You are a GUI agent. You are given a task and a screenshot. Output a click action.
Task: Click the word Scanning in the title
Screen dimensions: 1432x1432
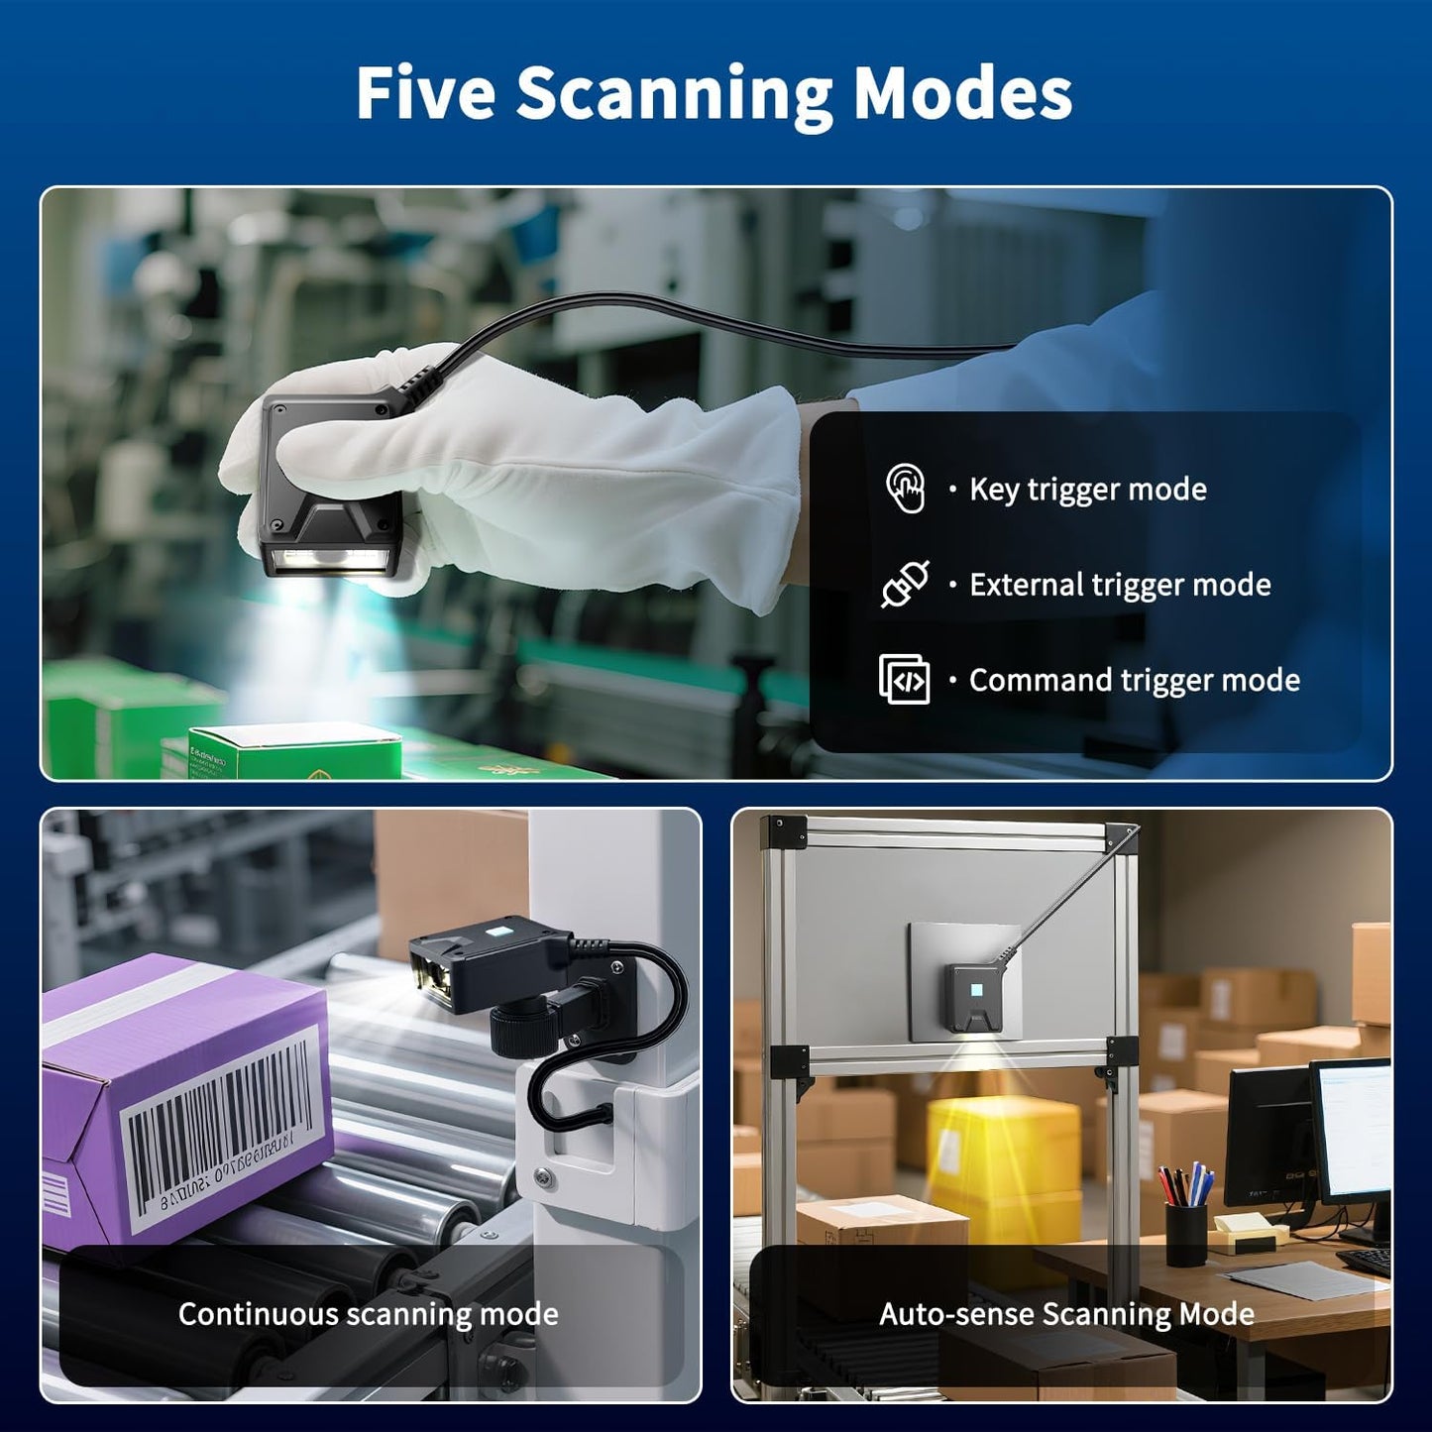point(674,94)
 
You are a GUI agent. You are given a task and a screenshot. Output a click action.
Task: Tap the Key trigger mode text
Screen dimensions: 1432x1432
point(1087,490)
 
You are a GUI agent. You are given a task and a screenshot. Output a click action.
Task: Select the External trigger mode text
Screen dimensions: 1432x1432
point(1120,585)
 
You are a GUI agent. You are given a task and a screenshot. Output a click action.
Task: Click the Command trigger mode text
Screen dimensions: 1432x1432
point(1134,681)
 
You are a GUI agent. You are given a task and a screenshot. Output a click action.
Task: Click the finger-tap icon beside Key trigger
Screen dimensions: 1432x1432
point(905,488)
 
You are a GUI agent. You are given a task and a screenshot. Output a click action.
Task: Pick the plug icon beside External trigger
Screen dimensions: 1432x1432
point(905,584)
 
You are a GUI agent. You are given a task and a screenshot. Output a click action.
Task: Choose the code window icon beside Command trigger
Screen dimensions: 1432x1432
point(904,680)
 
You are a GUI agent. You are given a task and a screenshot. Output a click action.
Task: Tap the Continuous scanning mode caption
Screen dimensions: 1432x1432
point(368,1314)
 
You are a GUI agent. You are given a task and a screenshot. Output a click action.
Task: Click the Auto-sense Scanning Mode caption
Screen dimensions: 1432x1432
point(1066,1314)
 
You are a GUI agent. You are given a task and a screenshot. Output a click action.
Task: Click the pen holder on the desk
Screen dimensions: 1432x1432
point(1185,1233)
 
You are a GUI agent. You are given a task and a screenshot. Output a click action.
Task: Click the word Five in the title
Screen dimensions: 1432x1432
point(425,94)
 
